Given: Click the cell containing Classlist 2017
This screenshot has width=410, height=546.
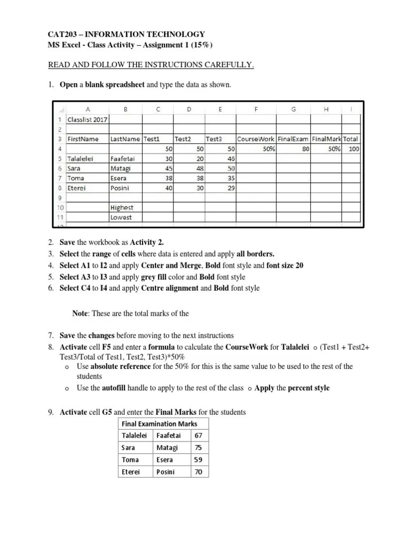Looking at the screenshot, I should tap(87, 119).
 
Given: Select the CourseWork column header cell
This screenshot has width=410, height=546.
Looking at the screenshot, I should tap(255, 139).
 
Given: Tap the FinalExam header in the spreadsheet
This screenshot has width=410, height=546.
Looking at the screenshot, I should tap(294, 139).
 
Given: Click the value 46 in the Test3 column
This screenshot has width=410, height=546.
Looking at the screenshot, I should tap(231, 159).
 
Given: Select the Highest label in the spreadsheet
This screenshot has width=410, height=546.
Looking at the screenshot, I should tap(122, 207).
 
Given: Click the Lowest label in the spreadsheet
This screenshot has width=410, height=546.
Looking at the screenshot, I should tap(121, 218).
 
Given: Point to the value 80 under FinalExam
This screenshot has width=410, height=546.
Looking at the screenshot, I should tap(305, 149).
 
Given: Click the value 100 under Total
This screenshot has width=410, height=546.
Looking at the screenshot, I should tap(353, 149).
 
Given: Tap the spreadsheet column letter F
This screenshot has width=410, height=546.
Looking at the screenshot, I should tap(256, 109).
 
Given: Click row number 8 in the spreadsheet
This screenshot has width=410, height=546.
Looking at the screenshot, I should tap(61, 188).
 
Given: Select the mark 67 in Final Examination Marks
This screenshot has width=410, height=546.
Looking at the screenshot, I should tap(199, 435).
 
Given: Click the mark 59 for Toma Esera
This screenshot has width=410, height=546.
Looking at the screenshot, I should tap(199, 460).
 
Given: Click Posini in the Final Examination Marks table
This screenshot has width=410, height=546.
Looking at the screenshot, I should tap(165, 472).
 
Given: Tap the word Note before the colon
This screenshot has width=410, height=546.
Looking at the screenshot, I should tap(80, 314).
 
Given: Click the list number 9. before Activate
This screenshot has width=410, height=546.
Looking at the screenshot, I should tap(52, 413).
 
